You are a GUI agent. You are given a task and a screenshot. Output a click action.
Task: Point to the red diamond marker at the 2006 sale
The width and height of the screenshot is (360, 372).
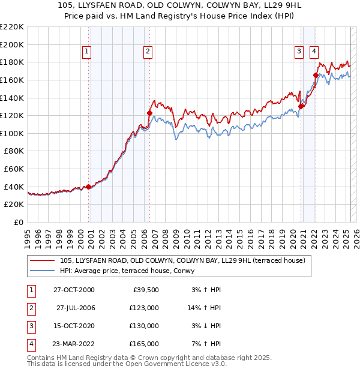point(150,112)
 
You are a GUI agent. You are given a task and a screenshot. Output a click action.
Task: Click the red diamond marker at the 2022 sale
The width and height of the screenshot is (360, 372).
point(316,75)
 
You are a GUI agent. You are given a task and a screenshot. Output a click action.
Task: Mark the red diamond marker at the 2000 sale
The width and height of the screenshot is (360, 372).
point(89,187)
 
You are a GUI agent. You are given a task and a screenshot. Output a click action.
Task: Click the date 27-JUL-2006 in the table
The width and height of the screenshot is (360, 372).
point(76,307)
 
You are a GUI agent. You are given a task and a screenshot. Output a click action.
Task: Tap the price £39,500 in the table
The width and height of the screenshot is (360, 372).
point(145,290)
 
